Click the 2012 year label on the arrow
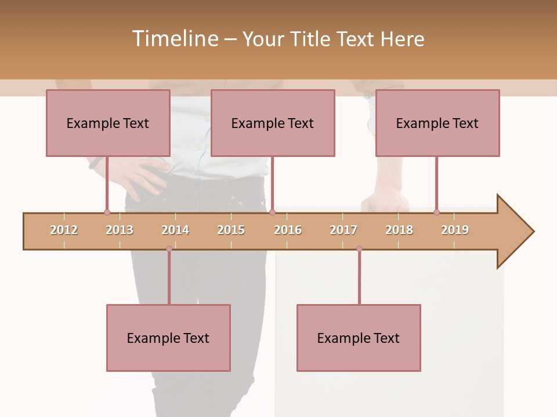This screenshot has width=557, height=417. click(x=64, y=230)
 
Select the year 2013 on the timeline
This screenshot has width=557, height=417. click(x=120, y=230)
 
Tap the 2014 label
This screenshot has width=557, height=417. click(x=175, y=230)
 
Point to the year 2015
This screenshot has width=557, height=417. click(x=231, y=230)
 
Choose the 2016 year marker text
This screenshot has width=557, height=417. click(x=288, y=230)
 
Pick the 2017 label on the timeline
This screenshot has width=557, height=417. click(x=343, y=230)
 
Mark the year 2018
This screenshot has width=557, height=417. click(x=399, y=230)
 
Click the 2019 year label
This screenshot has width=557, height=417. click(x=455, y=230)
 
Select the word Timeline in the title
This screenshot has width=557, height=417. click(x=174, y=39)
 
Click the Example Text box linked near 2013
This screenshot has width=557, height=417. click(x=108, y=123)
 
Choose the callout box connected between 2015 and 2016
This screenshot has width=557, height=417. click(x=273, y=123)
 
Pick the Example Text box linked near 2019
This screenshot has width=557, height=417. click(x=437, y=123)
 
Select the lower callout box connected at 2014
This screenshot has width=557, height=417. click(x=168, y=338)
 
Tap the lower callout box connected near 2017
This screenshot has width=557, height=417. click(x=359, y=338)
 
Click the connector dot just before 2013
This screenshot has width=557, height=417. click(x=107, y=213)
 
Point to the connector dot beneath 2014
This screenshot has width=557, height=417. click(x=169, y=249)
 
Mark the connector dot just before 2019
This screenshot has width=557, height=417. click(x=436, y=213)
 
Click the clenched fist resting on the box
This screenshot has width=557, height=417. click(x=385, y=202)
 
